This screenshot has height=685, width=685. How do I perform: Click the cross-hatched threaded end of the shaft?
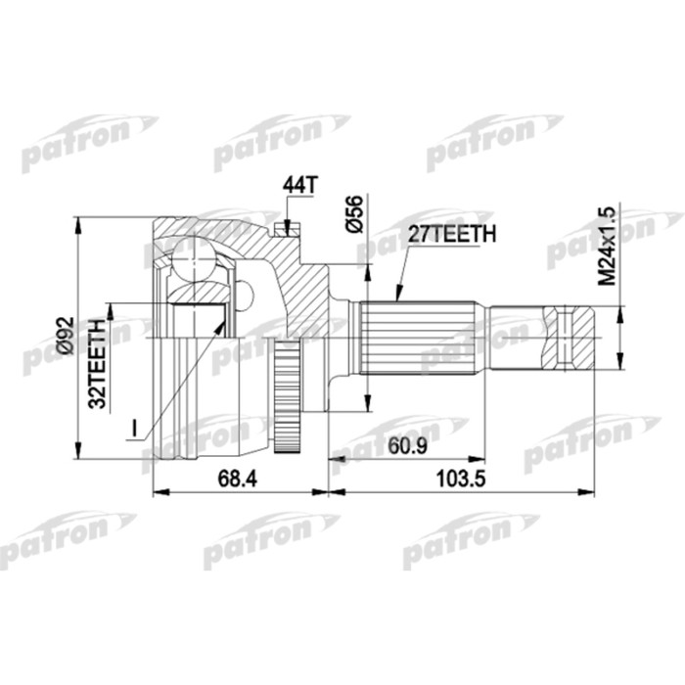coord(571,339)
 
